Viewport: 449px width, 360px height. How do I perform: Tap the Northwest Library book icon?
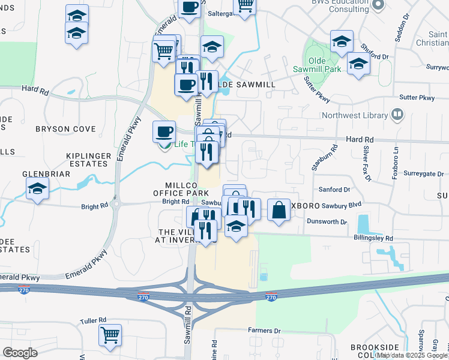click(x=397, y=114)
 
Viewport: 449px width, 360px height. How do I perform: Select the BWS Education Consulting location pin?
click(x=378, y=5)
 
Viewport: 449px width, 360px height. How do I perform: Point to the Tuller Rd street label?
click(x=94, y=320)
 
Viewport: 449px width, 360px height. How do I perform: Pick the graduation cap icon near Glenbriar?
click(x=37, y=190)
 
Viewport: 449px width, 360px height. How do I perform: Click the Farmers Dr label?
click(x=264, y=331)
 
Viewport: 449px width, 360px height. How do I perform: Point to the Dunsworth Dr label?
click(x=326, y=222)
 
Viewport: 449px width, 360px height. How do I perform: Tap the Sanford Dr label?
click(x=334, y=190)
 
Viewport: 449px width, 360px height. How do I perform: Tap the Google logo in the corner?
click(x=20, y=353)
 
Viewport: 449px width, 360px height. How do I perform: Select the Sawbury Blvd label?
click(x=340, y=205)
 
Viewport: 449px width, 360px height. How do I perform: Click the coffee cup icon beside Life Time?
click(x=164, y=131)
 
